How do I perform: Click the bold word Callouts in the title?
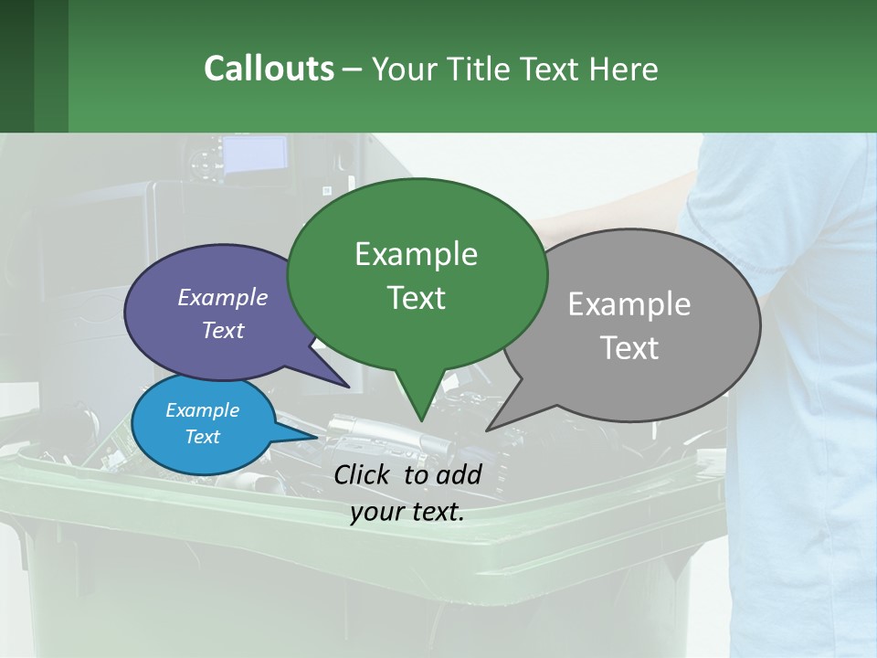click(269, 69)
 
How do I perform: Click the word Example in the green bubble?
click(416, 254)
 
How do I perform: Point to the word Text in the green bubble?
click(416, 298)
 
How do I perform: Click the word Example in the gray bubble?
click(629, 304)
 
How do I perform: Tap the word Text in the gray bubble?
click(630, 348)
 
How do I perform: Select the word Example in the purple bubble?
click(222, 297)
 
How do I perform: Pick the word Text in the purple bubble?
click(223, 330)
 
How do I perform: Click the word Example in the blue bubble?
click(202, 410)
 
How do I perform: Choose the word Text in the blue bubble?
click(203, 437)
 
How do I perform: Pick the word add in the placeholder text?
click(459, 474)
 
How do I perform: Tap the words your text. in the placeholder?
click(407, 512)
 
